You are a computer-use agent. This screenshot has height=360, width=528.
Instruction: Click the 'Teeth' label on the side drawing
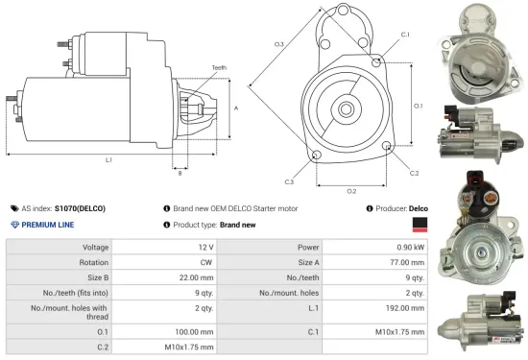(220, 68)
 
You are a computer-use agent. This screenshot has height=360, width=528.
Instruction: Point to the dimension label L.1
(108, 159)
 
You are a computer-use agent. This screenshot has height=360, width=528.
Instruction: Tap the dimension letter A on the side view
(236, 108)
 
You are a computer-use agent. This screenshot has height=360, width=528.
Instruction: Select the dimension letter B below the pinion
(180, 173)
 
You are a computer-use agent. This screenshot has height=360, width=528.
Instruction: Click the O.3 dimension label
(278, 44)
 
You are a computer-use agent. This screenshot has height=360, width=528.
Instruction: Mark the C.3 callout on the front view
(289, 180)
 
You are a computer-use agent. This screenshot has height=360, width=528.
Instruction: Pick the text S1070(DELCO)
(80, 207)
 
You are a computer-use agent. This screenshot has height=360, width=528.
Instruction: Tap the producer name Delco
(419, 207)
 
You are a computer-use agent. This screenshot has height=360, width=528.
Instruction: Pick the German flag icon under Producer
(419, 225)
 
